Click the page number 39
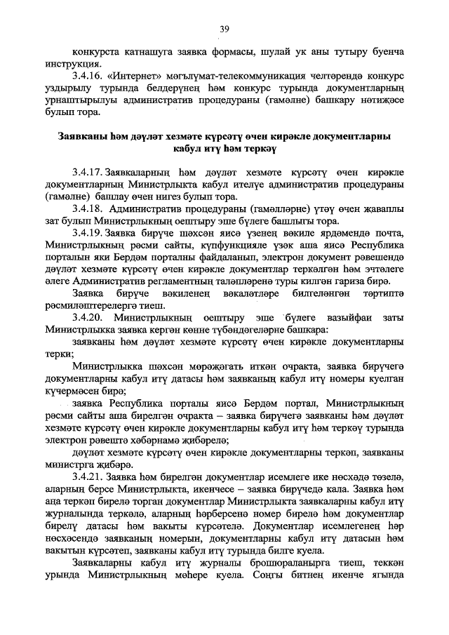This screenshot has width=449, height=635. coord(224,29)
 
